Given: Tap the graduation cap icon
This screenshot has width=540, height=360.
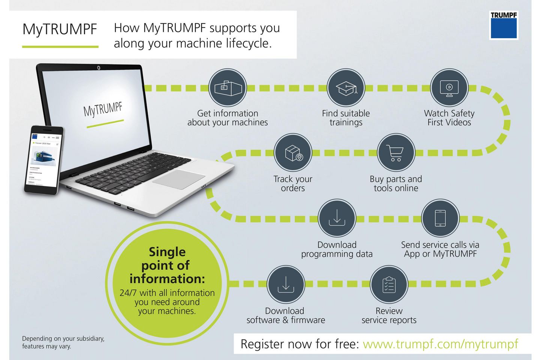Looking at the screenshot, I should (346, 88).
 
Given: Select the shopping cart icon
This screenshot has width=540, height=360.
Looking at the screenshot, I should (396, 153).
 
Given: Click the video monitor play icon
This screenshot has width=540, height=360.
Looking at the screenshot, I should (449, 88).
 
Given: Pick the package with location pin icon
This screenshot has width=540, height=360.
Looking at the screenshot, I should (293, 153).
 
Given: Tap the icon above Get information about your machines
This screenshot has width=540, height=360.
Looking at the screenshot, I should (228, 88).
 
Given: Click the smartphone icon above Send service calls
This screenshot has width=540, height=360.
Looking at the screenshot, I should (440, 218).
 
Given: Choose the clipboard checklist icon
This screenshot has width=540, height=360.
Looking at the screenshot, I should (389, 284).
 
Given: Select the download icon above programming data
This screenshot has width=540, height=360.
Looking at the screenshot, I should (337, 218).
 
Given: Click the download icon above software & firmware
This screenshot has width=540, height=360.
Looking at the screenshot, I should (285, 284).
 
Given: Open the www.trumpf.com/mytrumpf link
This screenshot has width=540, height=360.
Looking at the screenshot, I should (440, 344).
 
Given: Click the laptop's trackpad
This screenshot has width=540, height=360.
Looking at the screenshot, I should (178, 179).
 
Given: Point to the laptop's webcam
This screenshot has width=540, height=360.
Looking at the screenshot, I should (99, 68).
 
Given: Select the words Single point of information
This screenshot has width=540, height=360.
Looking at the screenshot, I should (167, 265).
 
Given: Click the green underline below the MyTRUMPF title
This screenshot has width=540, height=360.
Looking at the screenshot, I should (60, 47).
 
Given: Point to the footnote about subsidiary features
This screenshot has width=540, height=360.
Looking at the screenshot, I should (63, 342).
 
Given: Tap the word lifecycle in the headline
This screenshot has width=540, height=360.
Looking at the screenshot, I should (247, 43).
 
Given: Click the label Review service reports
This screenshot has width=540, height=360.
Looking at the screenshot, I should (389, 315).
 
